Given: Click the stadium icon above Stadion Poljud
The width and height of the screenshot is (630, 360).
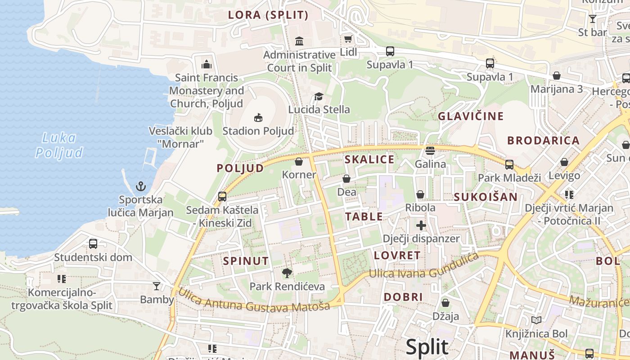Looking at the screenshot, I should pos(258,118).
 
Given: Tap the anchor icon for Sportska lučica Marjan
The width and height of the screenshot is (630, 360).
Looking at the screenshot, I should pos(141,186).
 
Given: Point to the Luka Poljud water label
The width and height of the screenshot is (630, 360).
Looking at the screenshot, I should pos(59,145).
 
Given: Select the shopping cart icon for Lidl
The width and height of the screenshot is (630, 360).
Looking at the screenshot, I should pos(348,39).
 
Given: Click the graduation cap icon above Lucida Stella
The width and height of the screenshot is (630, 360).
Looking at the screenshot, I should pos(319,96).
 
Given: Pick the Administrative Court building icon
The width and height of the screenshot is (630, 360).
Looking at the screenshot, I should pos(299,41).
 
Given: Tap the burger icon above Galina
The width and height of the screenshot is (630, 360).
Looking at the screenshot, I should pos(430,151).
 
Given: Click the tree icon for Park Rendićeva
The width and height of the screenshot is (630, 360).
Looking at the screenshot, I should pos(287,273).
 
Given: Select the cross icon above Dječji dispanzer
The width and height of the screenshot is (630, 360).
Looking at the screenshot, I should pos(421,225).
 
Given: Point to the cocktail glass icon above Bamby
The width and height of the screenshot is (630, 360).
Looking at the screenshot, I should pos(157,286).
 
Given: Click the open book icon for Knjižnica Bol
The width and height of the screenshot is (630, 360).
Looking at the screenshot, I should pos(536,320).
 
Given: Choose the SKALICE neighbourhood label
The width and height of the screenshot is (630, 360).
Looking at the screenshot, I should pos(369,159).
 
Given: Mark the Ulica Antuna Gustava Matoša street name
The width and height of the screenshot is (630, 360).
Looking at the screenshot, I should pos(254,300).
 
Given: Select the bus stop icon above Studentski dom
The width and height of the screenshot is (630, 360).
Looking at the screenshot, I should pos(93,244).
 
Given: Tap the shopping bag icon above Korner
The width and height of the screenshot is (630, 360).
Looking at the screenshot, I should pos(299,162).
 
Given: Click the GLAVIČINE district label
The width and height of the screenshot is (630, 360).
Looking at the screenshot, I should pos(471,116).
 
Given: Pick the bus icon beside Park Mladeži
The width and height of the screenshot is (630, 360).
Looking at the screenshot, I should pos(509,165).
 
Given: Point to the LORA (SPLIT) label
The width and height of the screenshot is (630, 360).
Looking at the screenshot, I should pos(268,15).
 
